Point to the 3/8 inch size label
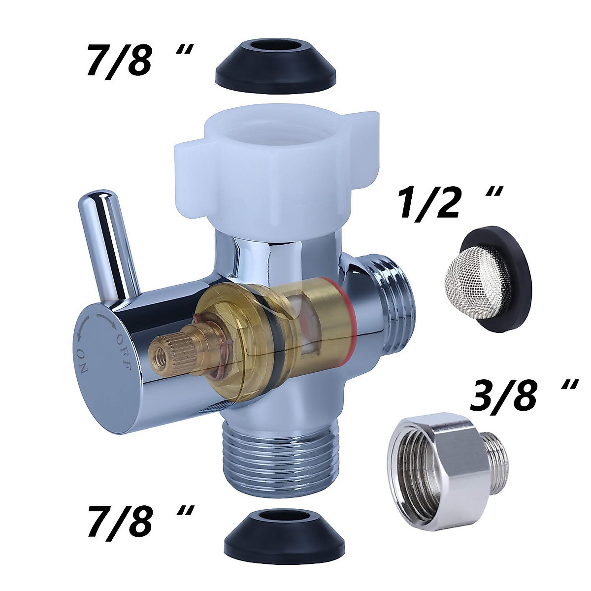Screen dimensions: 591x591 tap(524, 396)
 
